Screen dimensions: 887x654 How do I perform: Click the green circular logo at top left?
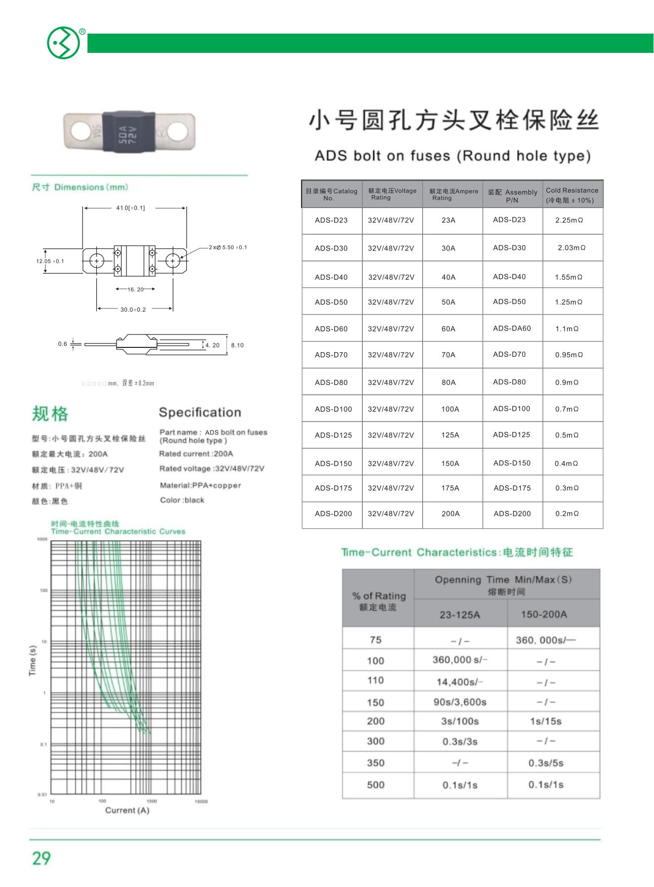(63, 43)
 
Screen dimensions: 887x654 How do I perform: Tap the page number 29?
(42, 858)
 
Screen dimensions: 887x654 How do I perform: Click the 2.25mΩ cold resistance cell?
(569, 220)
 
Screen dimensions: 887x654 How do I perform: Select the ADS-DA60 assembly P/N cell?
(512, 328)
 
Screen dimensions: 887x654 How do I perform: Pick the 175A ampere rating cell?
(450, 488)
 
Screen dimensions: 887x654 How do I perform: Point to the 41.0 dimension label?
(131, 208)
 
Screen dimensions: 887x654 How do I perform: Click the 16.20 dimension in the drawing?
(135, 290)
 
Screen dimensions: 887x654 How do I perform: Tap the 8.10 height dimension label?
(237, 345)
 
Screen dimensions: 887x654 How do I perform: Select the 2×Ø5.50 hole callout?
(228, 247)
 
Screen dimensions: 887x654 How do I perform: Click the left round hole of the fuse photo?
(81, 131)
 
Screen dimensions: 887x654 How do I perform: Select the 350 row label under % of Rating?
(376, 762)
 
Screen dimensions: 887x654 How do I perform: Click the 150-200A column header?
(544, 614)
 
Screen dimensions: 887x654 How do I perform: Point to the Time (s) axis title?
(33, 660)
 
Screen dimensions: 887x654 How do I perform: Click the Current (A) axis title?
(127, 810)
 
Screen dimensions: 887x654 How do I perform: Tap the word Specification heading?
(200, 413)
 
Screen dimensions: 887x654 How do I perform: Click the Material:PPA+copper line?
(200, 485)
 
